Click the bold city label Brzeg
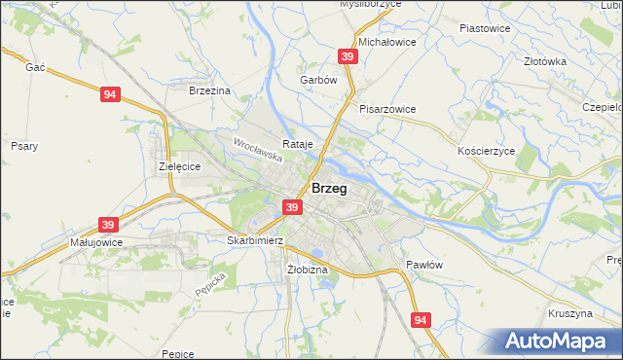(329, 189)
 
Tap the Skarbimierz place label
(254, 239)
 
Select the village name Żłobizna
(307, 269)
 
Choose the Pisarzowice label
(387, 109)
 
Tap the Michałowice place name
(387, 44)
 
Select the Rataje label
(297, 144)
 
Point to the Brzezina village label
(209, 90)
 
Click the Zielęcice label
(179, 166)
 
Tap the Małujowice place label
(95, 241)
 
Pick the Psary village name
(23, 146)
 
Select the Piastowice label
(485, 28)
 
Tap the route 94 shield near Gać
(110, 94)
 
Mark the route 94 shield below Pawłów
(420, 319)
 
